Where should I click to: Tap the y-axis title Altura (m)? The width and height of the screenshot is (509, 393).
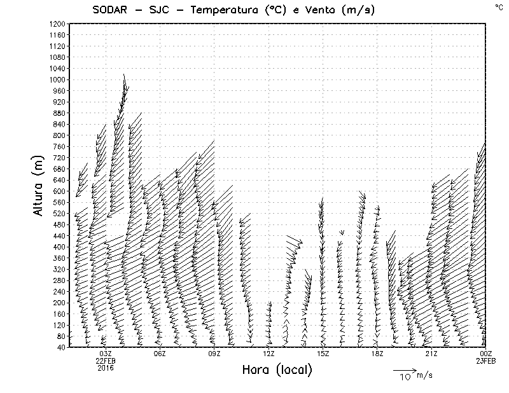39,185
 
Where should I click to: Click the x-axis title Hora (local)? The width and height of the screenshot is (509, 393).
277,370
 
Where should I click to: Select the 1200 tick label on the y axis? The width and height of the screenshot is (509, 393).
57,24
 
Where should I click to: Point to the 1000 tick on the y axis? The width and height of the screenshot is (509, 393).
57,79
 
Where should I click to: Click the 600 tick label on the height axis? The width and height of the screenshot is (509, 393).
59,191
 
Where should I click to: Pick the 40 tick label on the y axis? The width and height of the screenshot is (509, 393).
61,347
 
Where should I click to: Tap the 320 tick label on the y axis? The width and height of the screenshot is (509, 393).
59,269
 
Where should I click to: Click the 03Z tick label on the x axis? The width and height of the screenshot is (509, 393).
106,354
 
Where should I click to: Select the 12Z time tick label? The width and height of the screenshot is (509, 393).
268,354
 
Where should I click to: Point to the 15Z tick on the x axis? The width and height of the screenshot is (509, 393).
323,354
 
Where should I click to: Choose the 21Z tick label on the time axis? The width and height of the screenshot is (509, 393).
431,354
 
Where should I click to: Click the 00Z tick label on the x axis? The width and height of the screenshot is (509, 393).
485,354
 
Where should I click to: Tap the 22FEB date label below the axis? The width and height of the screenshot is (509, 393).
106,361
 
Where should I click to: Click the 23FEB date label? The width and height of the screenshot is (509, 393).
485,361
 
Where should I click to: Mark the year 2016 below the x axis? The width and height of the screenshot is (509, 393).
106,368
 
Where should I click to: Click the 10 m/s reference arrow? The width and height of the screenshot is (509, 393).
404,370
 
